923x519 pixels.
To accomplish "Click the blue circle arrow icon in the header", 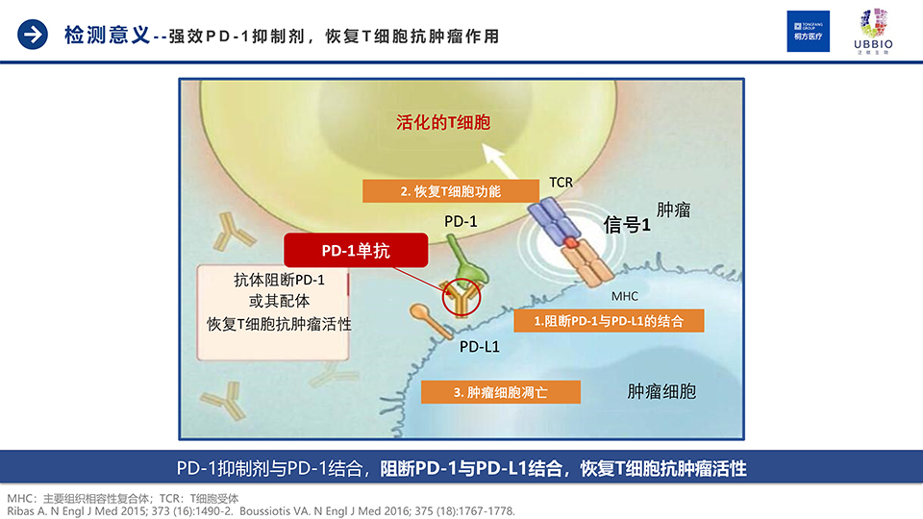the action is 33,35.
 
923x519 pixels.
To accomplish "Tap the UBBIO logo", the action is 873,32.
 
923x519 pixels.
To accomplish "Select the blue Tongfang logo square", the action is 809,31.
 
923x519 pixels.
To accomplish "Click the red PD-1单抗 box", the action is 356,251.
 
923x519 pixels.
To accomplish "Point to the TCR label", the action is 561,183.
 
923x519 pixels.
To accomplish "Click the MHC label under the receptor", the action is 625,296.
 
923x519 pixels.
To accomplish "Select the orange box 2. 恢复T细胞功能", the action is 450,191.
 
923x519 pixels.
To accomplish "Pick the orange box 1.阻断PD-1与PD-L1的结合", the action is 609,321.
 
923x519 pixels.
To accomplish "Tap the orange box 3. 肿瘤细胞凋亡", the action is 500,392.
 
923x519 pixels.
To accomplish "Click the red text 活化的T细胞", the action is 443,122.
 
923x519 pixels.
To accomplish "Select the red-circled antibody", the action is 461,298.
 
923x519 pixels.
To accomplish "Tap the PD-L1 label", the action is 479,347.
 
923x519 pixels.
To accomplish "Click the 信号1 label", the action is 627,224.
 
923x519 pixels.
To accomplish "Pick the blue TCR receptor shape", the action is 554,219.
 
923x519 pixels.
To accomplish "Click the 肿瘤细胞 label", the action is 661,391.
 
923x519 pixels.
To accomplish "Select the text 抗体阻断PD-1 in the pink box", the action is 279,280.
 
